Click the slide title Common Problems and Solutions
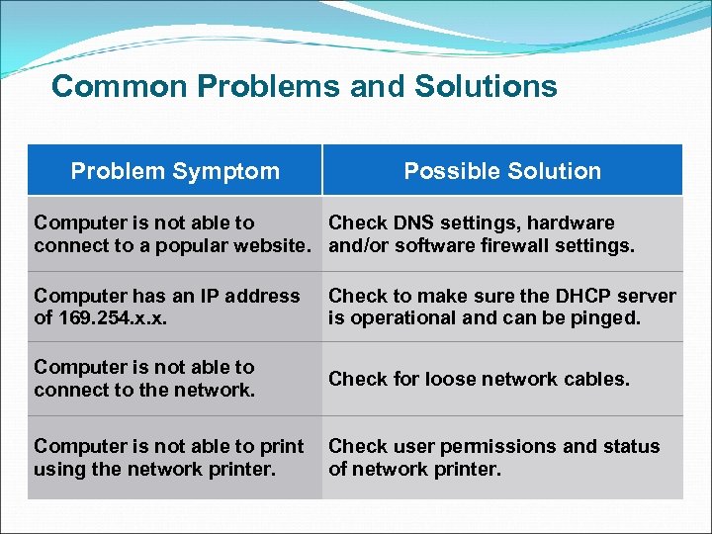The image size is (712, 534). (304, 87)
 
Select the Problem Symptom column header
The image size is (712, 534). (175, 171)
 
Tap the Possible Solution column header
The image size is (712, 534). (501, 171)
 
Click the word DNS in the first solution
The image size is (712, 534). (409, 223)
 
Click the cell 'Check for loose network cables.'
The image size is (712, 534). (479, 379)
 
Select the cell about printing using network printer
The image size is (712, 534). (168, 457)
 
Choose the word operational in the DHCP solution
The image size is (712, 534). (403, 318)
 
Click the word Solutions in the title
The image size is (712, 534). (486, 87)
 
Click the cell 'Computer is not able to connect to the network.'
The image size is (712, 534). (144, 379)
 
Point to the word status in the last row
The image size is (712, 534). (630, 446)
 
